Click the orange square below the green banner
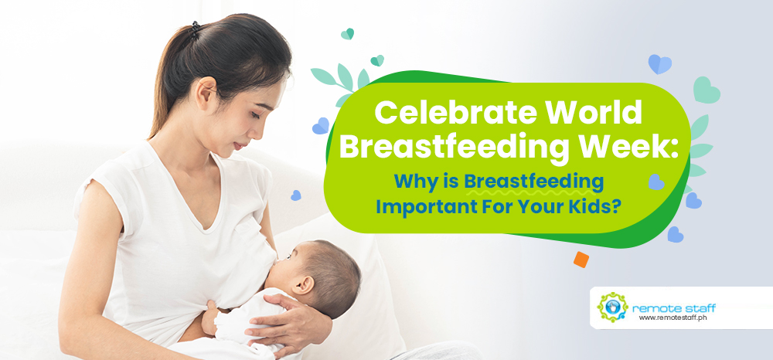point(581,260)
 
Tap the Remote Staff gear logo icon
point(612,307)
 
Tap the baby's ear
point(304,284)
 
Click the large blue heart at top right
point(659,63)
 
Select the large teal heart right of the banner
point(706,90)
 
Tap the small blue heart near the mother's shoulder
point(296,195)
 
